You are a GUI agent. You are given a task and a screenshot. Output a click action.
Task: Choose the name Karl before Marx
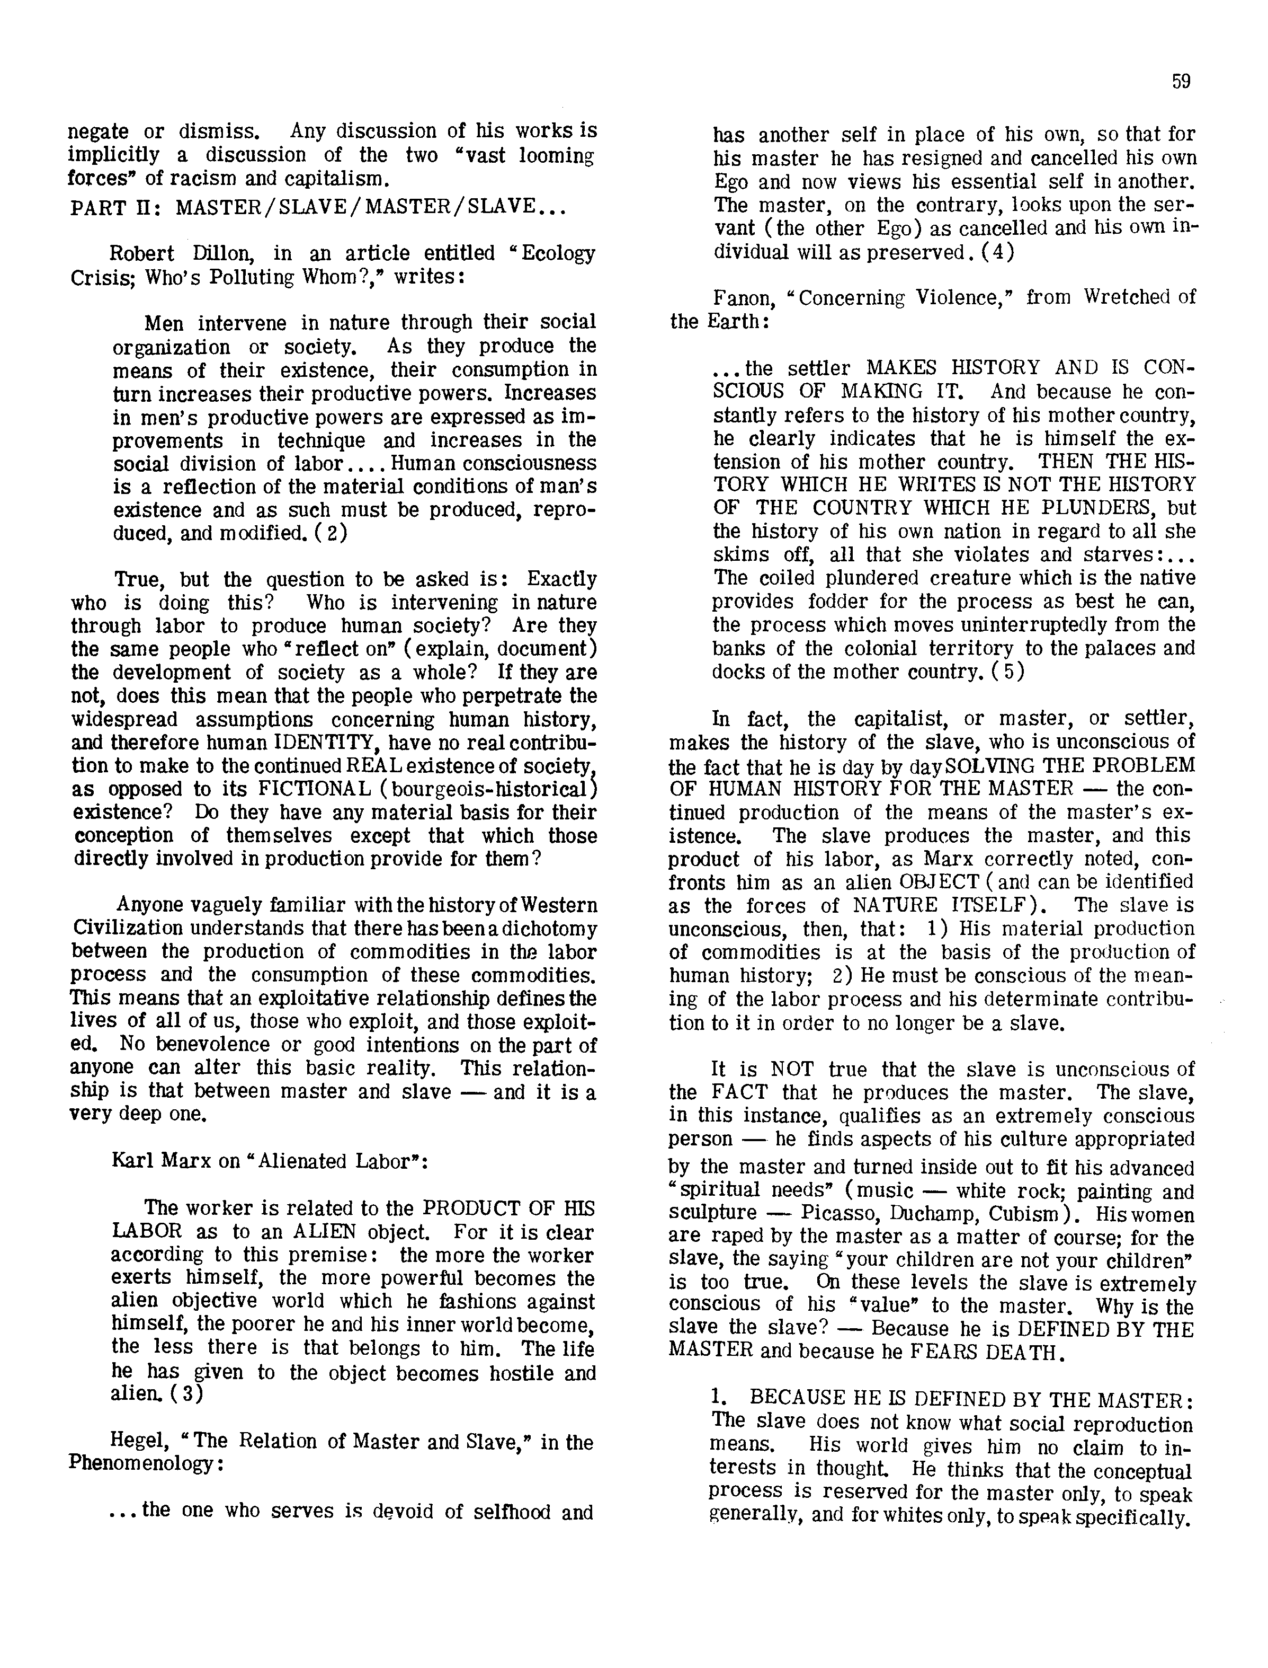coord(133,1161)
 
